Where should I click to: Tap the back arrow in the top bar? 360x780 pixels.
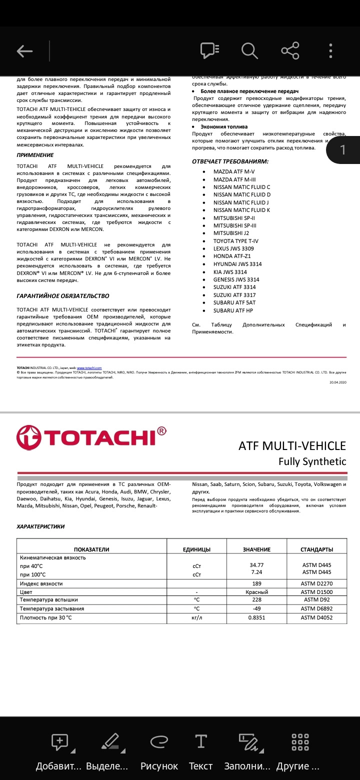[24, 50]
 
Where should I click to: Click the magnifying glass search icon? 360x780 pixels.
[249, 50]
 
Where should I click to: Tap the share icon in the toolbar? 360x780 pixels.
[290, 50]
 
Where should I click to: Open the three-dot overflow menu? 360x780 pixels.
[330, 50]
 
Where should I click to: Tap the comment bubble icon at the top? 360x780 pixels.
[209, 50]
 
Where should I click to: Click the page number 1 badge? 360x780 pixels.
[342, 149]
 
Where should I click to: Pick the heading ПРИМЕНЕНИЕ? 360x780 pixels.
[35, 155]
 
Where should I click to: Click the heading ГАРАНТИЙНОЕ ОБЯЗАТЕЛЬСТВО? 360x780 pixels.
[62, 296]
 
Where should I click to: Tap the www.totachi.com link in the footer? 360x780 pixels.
[93, 367]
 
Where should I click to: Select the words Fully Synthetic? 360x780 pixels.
[312, 461]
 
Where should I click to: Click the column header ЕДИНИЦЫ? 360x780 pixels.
[196, 549]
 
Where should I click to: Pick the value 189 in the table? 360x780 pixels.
[256, 583]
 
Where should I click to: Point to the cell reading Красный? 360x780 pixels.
[256, 592]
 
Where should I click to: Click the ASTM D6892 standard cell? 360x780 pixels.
[316, 609]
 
